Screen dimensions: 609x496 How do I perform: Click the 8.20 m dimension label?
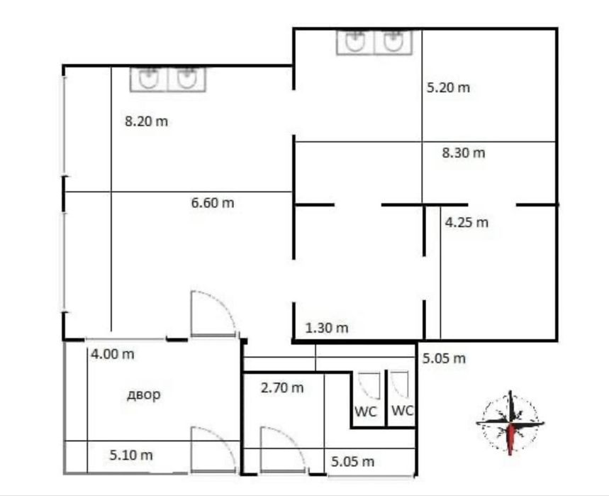pos(147,121)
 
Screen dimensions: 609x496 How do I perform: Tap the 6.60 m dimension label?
pos(213,202)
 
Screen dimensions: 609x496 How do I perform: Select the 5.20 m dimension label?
pos(448,87)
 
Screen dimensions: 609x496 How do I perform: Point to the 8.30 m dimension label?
pos(464,153)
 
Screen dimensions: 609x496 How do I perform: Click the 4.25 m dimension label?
pos(466,222)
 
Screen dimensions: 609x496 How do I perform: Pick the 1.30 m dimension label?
pos(327,328)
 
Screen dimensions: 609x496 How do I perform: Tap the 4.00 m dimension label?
pos(113,354)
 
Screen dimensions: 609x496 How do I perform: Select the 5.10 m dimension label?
pos(131,455)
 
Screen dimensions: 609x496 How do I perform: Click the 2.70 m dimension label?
pos(282,387)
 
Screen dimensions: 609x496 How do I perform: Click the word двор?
pos(144,395)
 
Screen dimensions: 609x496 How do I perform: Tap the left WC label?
pos(366,412)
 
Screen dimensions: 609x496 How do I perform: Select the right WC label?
pos(403,410)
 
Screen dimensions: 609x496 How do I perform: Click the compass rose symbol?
pos(510,422)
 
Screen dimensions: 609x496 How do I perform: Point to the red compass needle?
pos(511,439)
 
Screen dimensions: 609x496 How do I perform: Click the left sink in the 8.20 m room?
pos(149,79)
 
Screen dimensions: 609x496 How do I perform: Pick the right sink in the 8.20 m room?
pos(186,79)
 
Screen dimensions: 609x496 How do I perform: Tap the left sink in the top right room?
pos(355,42)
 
